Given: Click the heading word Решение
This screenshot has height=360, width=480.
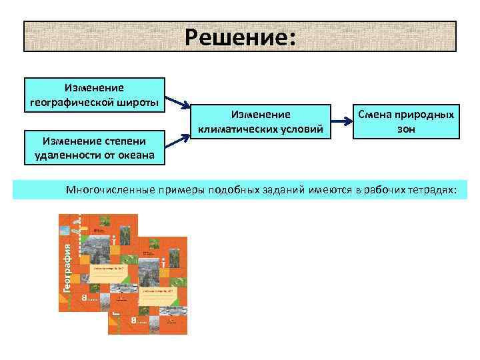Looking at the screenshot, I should coord(239,37).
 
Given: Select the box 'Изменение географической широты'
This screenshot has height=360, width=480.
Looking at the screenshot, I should coord(94,95).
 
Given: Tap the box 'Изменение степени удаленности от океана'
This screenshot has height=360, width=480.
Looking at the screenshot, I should coord(94,148).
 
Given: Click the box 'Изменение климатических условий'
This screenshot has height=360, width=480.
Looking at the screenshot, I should coord(261,121).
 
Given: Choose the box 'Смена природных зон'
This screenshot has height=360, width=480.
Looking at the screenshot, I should coord(406,121).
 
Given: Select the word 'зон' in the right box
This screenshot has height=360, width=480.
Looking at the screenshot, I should coord(406,128).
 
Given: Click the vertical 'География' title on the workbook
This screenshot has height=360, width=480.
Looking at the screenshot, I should coord(66,267).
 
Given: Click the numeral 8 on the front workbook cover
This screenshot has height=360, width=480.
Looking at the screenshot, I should coord(133,321).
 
